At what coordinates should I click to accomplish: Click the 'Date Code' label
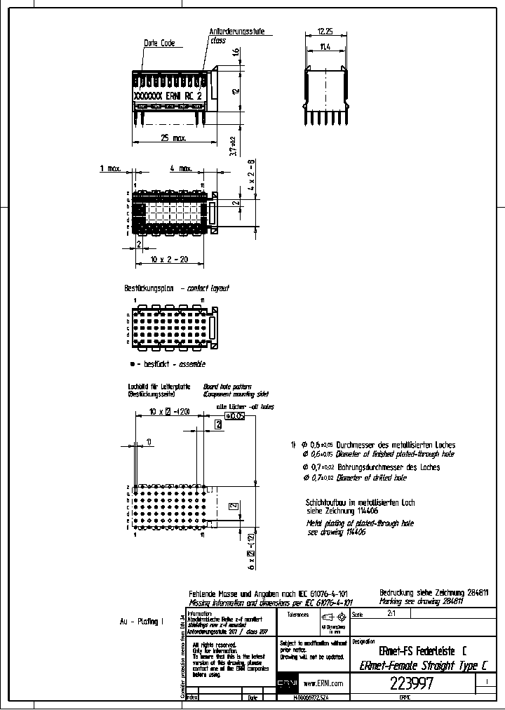point(159,43)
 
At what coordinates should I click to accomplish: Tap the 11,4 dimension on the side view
point(325,47)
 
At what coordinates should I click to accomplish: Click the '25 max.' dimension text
point(173,139)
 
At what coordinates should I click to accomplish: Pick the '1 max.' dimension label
point(110,168)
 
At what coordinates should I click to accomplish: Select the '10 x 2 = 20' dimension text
point(169,260)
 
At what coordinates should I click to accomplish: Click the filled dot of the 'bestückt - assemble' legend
point(132,365)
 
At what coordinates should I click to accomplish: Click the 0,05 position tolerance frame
point(234,416)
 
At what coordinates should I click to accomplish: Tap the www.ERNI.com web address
point(323,683)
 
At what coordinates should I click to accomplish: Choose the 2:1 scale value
point(391,612)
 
